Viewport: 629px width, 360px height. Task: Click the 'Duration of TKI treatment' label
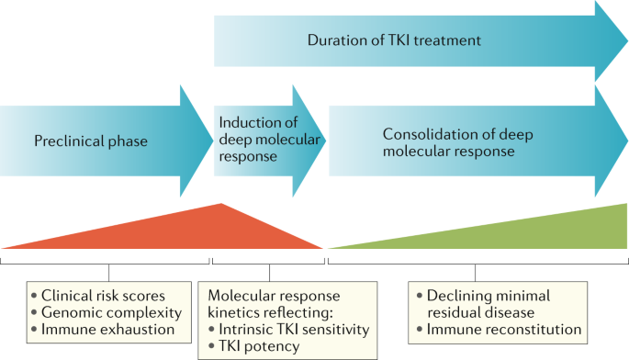394,41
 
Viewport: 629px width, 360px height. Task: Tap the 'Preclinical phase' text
91,141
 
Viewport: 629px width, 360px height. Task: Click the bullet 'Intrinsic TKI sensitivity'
289,329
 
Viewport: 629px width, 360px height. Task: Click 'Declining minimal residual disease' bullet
497,303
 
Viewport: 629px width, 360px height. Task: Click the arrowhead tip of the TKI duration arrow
625,41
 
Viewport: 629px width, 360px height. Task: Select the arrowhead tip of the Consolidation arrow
625,141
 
